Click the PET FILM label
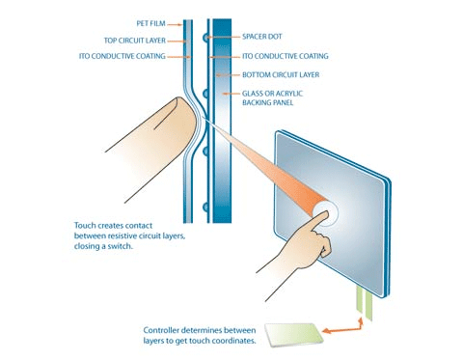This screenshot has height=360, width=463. pyautogui.click(x=150, y=23)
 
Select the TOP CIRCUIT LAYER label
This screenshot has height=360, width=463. pyautogui.click(x=135, y=41)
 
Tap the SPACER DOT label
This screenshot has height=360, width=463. pyautogui.click(x=262, y=37)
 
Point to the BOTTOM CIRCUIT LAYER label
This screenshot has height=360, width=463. pyautogui.click(x=281, y=74)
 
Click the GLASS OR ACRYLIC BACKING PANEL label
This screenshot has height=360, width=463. pyautogui.click(x=272, y=98)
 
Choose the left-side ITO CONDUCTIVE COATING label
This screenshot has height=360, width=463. pyautogui.click(x=123, y=56)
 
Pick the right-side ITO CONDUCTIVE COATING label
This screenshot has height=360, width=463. pyautogui.click(x=286, y=56)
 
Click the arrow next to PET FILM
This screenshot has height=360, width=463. pyautogui.click(x=175, y=24)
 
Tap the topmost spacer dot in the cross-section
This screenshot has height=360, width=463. pyautogui.click(x=205, y=38)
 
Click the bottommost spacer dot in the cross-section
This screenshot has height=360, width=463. pyautogui.click(x=205, y=208)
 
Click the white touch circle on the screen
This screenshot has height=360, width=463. pyautogui.click(x=325, y=212)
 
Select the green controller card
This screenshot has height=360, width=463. pyautogui.click(x=293, y=335)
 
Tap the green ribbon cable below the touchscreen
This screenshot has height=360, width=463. pyautogui.click(x=365, y=303)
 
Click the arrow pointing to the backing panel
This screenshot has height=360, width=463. pyautogui.click(x=231, y=94)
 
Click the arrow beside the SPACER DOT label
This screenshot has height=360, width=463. pyautogui.click(x=223, y=37)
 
